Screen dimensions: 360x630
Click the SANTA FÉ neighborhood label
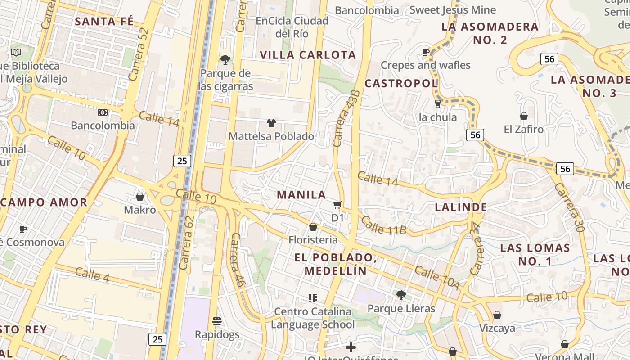(x=104, y=21)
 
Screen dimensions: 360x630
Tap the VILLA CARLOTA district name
(x=308, y=55)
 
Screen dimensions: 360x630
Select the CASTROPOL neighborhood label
(x=401, y=83)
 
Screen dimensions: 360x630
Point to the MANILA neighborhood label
(x=301, y=195)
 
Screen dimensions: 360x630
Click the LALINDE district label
(x=461, y=207)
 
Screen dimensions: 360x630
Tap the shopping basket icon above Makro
(x=140, y=197)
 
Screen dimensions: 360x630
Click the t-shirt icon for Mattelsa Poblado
(x=271, y=123)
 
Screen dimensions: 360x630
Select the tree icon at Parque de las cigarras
(x=225, y=59)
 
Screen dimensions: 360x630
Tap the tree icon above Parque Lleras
(x=401, y=295)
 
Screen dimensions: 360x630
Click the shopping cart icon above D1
(x=337, y=205)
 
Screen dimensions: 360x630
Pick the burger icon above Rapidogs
(x=217, y=321)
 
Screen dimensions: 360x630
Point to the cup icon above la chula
(x=437, y=104)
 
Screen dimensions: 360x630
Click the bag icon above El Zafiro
(x=523, y=116)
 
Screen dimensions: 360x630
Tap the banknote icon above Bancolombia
(x=103, y=112)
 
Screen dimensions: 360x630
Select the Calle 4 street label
(x=92, y=274)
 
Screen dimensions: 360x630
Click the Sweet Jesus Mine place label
(x=453, y=10)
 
